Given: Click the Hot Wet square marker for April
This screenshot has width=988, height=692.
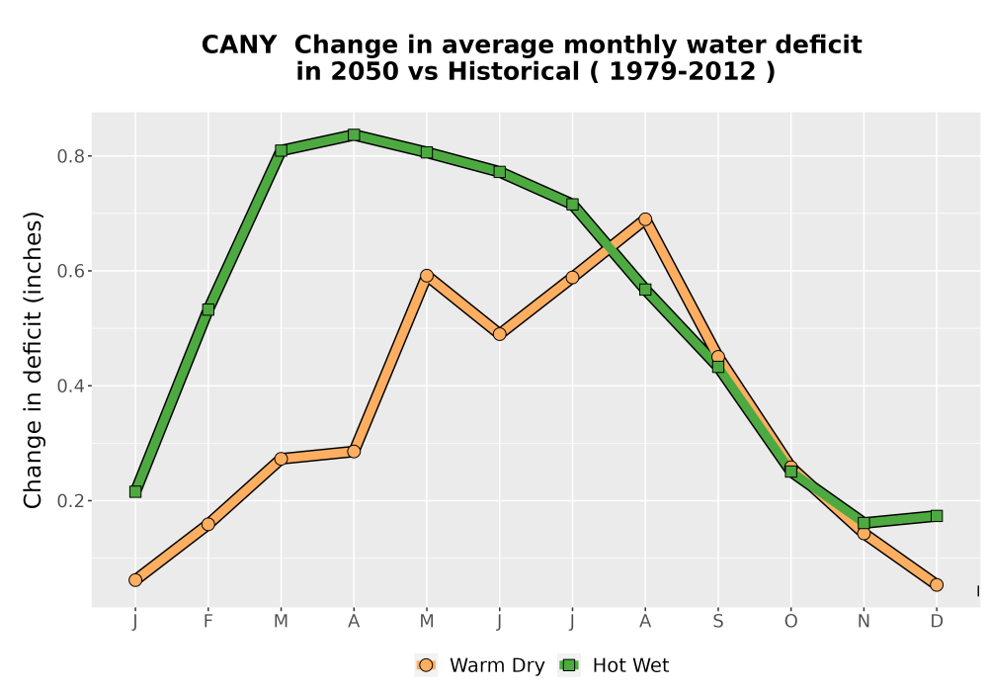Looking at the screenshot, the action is [354, 134].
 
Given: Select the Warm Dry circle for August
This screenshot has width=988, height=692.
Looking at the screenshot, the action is [645, 219].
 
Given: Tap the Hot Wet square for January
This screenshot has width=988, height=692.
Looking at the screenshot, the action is [135, 491].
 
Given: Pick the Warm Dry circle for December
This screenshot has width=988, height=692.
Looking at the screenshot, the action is [937, 585].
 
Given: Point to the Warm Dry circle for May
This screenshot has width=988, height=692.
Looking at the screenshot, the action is [427, 276].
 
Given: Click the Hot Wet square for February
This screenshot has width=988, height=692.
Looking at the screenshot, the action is [207, 309].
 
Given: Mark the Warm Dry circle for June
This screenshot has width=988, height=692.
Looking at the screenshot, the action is [500, 334].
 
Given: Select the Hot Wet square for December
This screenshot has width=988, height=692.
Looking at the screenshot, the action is [937, 516].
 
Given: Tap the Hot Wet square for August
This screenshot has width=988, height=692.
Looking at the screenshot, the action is [645, 290].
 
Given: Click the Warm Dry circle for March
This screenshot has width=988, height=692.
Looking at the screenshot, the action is [281, 458].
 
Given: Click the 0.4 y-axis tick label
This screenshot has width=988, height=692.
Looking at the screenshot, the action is [70, 386].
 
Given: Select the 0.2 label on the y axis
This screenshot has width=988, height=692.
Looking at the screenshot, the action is [70, 501].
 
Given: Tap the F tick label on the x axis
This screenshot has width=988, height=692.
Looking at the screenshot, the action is [207, 622].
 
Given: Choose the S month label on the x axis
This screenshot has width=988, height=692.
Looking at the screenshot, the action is [717, 622].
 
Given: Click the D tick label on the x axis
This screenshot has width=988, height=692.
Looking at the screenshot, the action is [937, 622].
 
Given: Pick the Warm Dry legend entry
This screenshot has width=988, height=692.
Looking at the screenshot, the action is [479, 665].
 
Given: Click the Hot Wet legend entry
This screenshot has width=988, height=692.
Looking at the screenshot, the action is [614, 665].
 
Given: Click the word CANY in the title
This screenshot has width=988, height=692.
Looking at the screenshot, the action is [239, 45].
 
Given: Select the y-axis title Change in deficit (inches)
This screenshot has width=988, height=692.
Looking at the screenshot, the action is [33, 360].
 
